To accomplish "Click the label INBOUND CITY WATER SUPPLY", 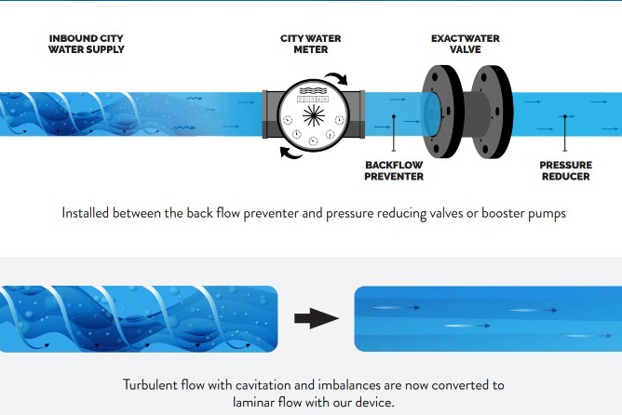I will click(87, 44).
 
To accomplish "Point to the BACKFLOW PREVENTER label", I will click(394, 169).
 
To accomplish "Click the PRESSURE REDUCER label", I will click(565, 169).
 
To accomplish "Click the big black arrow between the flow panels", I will click(315, 319).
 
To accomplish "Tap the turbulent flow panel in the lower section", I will click(139, 319).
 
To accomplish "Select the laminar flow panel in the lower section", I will click(487, 319).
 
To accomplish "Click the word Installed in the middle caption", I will click(88, 212).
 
